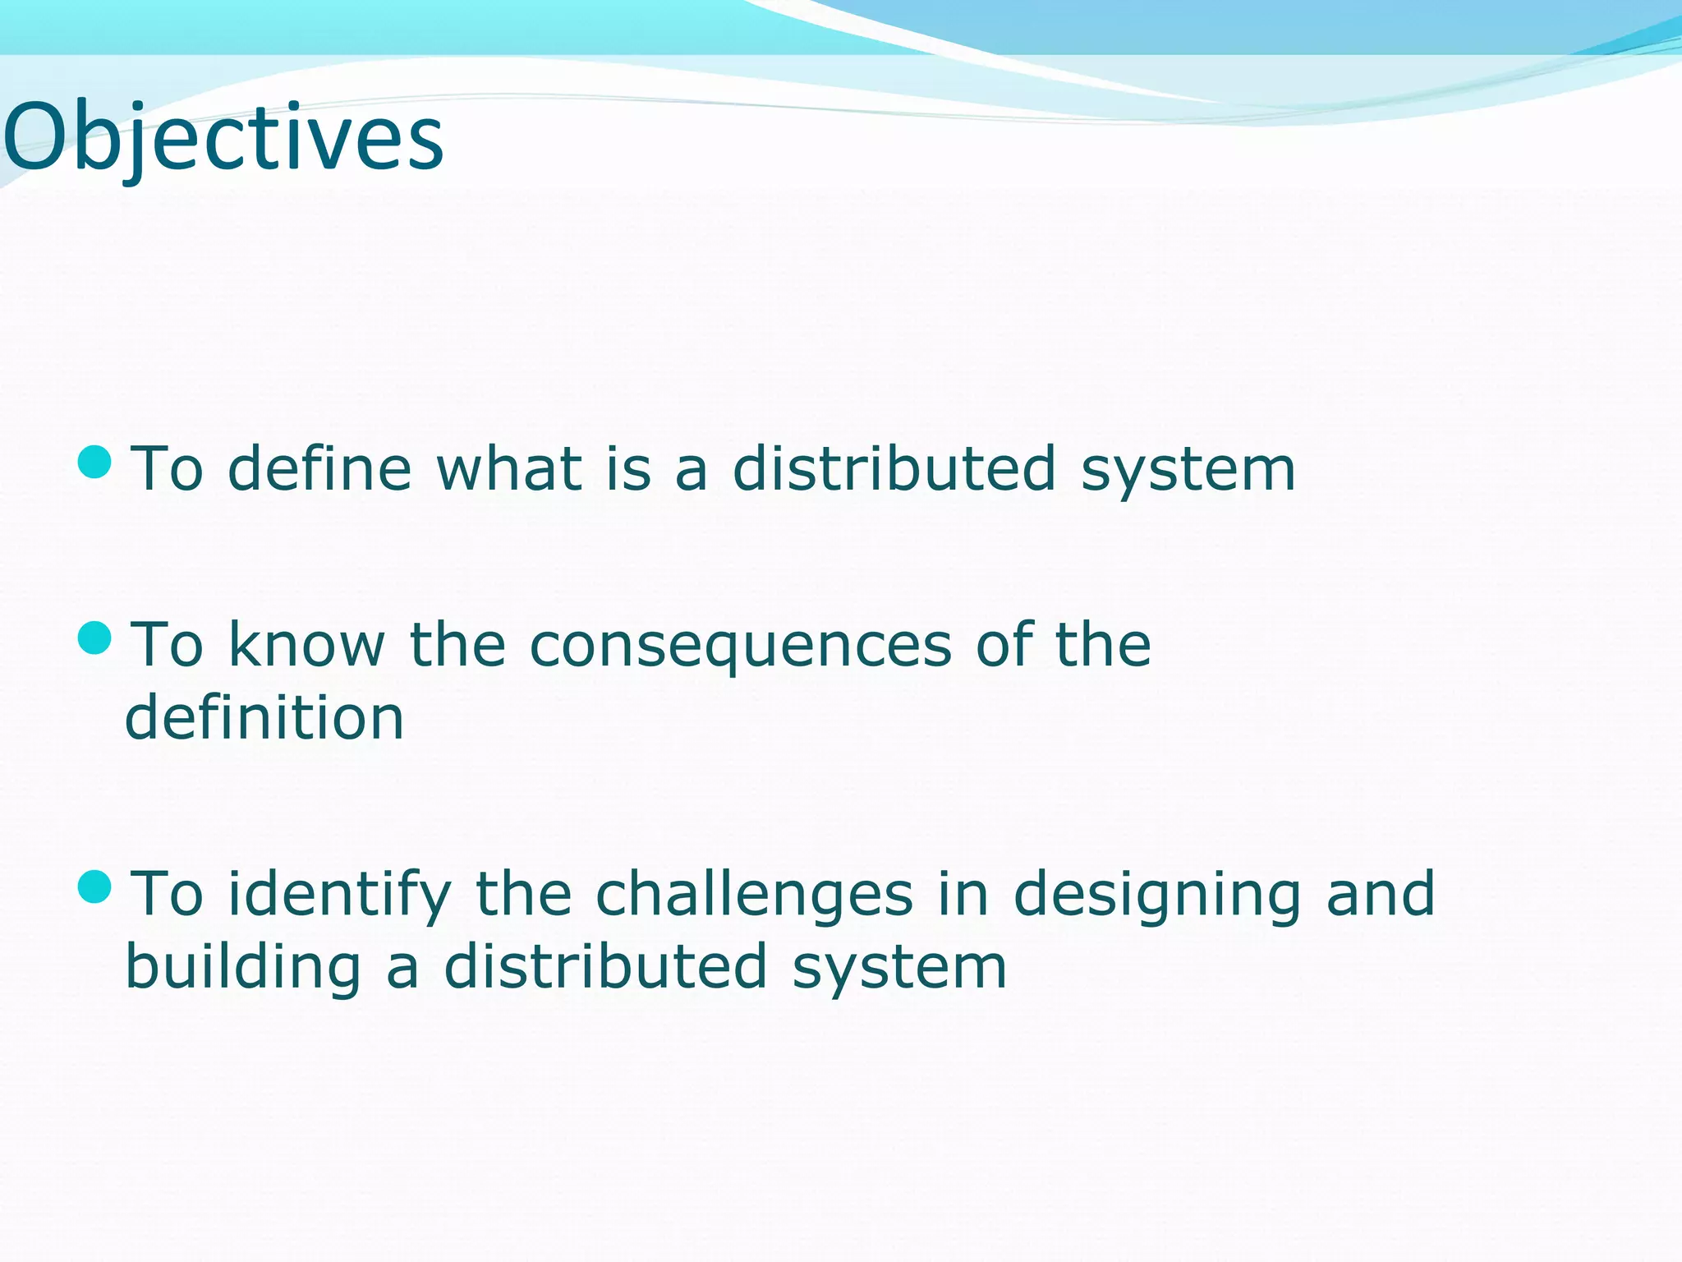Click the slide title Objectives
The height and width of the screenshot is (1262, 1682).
tap(223, 138)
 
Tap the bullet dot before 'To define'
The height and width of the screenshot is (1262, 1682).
tap(94, 462)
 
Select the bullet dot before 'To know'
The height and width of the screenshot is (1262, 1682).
tap(94, 638)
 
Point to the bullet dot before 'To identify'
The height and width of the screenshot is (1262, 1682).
tap(94, 887)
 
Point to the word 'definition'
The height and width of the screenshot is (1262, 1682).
tap(264, 716)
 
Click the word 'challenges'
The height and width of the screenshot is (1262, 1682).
tap(754, 896)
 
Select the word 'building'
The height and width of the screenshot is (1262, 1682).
tap(243, 968)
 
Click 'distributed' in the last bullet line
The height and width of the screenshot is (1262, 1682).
tap(605, 966)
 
